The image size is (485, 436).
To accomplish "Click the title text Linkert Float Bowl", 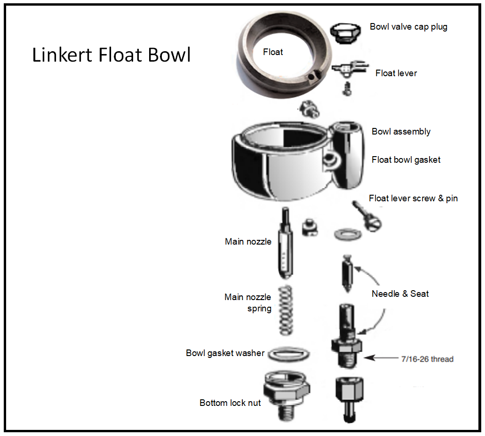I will point(111,55).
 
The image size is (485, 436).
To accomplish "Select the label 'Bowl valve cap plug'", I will point(408,27).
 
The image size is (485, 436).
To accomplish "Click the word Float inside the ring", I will point(273,52).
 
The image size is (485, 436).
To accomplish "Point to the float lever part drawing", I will point(349,70).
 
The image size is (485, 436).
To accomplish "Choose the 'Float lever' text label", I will point(396,73).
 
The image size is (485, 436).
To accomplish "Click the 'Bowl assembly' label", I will point(401,132).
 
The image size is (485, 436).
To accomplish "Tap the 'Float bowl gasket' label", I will point(406,160).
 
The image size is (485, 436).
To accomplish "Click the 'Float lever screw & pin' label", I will point(413,198).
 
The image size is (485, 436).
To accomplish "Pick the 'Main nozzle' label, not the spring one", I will point(248,242).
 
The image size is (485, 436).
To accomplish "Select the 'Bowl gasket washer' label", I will point(225,353).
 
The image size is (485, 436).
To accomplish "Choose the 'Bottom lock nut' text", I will point(230,403).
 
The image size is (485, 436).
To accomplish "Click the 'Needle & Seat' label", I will point(400,294).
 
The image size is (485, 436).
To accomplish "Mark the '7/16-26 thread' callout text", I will point(427,359).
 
